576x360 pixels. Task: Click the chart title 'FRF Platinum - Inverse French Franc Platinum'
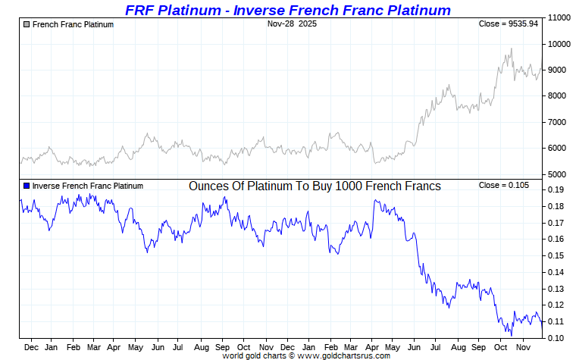click(x=287, y=10)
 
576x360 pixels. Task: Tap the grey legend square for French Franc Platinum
click(x=27, y=24)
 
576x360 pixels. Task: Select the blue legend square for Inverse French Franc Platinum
click(x=27, y=186)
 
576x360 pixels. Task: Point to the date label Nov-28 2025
click(x=292, y=24)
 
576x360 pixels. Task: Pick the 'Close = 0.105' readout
click(x=504, y=186)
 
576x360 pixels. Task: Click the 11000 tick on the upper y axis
click(x=559, y=17)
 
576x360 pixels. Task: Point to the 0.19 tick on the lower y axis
click(x=554, y=190)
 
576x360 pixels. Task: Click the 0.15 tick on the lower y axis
click(x=554, y=255)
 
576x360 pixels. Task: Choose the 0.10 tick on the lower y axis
click(x=554, y=337)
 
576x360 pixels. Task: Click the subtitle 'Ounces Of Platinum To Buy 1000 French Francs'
click(x=315, y=186)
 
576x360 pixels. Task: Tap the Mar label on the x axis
click(x=94, y=347)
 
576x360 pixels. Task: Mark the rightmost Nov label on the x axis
click(x=523, y=347)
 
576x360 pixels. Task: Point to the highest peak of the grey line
click(x=512, y=49)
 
